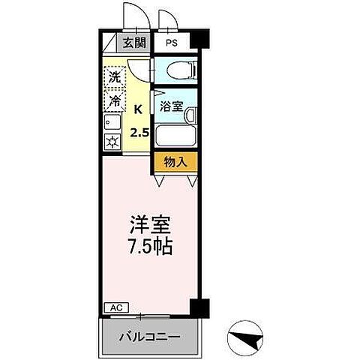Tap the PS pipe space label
pos(172,43)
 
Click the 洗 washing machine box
pos(114,76)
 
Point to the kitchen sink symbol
pos(112,121)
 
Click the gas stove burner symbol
pos(112,142)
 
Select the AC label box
pos(115,307)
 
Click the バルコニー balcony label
pos(150,337)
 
